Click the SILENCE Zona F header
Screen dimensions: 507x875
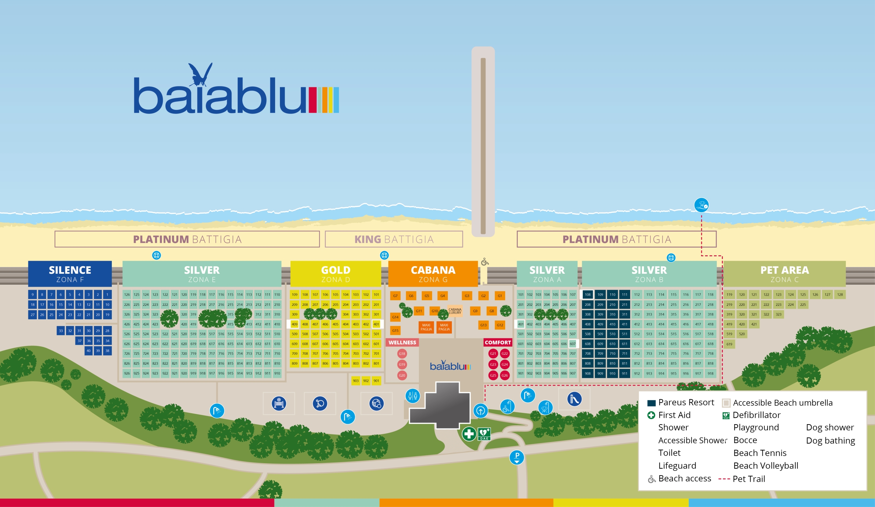pos(70,274)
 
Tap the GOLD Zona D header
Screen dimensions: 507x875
pos(335,274)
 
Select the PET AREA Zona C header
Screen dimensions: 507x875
pos(784,274)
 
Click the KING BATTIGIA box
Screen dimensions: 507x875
pos(394,239)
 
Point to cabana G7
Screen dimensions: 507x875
pos(395,296)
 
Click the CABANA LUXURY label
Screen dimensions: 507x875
pos(455,311)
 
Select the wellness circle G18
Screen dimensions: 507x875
pos(402,354)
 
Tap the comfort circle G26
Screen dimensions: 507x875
pos(504,375)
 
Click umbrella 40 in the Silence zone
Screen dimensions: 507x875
pos(89,351)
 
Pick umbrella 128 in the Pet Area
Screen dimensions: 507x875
pos(839,295)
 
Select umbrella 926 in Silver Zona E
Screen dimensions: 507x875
pos(127,373)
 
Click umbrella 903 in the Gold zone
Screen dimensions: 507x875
pos(355,380)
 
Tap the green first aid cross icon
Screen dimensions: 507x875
pos(469,434)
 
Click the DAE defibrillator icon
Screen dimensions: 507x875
pos(484,434)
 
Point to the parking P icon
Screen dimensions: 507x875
pos(517,457)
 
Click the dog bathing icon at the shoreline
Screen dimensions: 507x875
pos(701,205)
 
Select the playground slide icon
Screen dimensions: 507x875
pos(574,399)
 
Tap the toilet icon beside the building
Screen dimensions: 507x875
pos(413,395)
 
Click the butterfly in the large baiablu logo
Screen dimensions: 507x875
pos(200,75)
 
